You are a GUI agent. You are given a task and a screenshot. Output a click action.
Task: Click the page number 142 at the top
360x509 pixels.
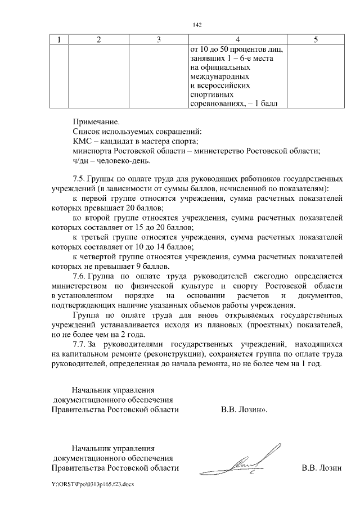[196, 25]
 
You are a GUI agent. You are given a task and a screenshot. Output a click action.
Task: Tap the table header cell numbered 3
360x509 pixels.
[159, 39]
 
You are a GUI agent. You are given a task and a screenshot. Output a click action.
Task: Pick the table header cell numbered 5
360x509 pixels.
[315, 39]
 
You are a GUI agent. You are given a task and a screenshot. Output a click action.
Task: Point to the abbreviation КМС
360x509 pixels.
[83, 141]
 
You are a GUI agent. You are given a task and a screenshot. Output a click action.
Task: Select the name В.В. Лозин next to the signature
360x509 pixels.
[321, 467]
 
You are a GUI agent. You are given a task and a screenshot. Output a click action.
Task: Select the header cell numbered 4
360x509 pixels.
[238, 39]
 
